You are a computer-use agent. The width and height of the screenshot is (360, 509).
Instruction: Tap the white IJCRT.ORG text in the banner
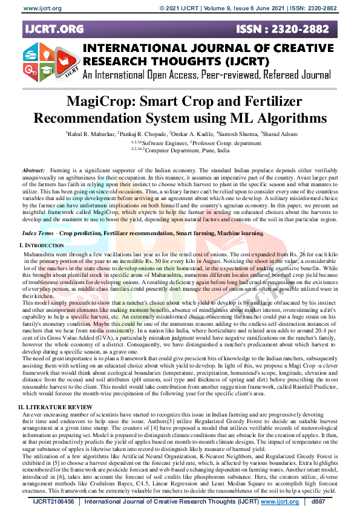[54, 28]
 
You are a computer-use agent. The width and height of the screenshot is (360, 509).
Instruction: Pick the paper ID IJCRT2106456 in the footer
[54, 501]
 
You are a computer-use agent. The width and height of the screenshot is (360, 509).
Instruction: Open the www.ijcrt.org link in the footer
[280, 501]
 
